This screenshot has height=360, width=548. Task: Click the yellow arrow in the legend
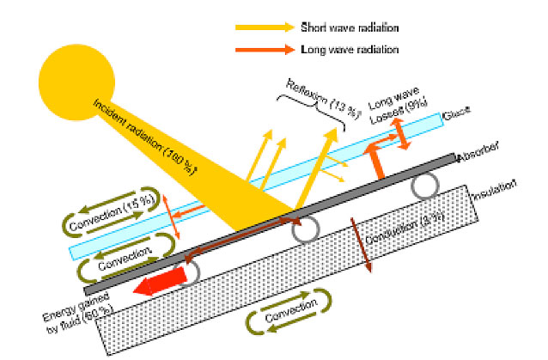[x=264, y=27]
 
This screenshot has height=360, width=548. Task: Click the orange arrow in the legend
[x=264, y=49]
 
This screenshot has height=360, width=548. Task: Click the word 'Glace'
[x=455, y=115]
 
